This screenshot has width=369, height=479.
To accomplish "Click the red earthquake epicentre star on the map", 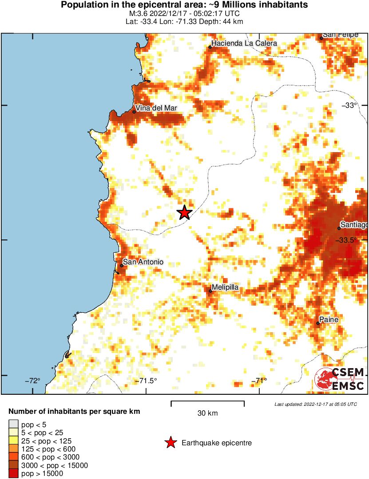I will click(185, 212).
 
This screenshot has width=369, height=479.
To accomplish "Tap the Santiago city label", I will click(354, 224).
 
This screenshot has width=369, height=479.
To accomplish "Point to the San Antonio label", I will click(143, 262).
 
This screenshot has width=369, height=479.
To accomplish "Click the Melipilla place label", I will click(225, 287).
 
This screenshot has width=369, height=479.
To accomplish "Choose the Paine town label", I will click(330, 320).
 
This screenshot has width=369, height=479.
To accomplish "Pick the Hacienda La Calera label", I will click(244, 43).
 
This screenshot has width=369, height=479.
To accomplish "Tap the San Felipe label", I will click(340, 35).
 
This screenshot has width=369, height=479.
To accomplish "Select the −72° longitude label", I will click(32, 381).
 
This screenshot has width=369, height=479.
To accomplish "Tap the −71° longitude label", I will click(259, 381).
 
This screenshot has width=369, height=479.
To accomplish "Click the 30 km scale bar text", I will click(207, 413).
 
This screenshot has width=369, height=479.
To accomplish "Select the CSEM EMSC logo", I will click(340, 380).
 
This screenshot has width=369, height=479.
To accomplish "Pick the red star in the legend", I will click(170, 443).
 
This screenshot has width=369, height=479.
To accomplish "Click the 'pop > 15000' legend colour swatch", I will click(14, 474).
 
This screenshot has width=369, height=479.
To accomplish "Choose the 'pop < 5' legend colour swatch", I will click(14, 424).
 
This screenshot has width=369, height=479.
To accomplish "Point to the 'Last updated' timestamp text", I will click(315, 404).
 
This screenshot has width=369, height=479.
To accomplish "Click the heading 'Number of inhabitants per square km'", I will click(74, 412).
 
